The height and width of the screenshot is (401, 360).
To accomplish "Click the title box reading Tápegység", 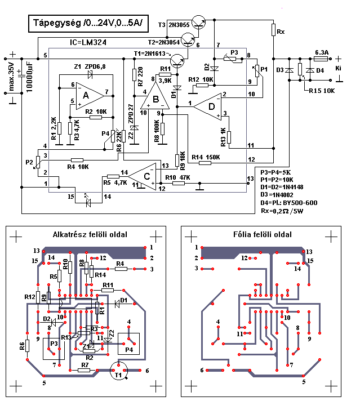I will coord(88,23).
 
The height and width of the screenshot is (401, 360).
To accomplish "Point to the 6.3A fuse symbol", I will coord(321,58).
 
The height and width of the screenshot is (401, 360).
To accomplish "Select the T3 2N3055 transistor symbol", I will coord(199,23).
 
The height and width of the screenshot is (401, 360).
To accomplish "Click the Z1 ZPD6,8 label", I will coord(90,66).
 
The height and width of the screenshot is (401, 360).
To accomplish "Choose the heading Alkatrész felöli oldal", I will coord(90,234).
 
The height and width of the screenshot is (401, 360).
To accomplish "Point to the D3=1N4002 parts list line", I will coord(278,195).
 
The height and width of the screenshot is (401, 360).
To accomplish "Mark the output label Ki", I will coord(338,67).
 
